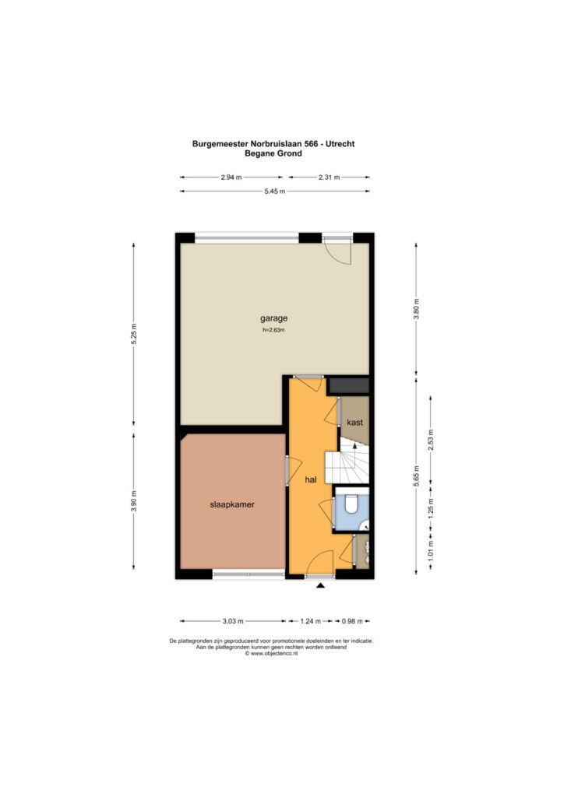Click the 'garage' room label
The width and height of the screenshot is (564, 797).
[x=273, y=318]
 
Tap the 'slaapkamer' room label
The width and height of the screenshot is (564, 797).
[x=232, y=504]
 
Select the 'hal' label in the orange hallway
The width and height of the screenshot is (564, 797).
[x=311, y=479]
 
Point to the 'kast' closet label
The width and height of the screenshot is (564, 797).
[x=354, y=423]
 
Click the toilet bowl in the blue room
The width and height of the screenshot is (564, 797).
[x=351, y=504]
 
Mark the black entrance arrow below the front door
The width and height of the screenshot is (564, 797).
[x=320, y=585]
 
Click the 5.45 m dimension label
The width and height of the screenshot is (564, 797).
[x=275, y=191]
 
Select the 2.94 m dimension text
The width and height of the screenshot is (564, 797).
[x=231, y=177]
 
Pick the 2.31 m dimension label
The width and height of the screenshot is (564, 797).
[x=329, y=177]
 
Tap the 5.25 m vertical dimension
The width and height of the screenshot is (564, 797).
[x=134, y=334]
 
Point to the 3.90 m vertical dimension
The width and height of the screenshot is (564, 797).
[x=134, y=501]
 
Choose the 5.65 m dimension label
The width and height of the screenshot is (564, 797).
[x=416, y=476]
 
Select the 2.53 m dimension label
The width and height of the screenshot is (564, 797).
[x=431, y=441]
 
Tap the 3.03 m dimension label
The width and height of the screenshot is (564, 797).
[x=233, y=621]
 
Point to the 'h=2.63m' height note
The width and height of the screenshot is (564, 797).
[x=273, y=330]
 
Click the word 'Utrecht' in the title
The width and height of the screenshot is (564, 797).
[x=340, y=144]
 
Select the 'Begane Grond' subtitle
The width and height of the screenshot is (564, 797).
[x=273, y=153]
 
